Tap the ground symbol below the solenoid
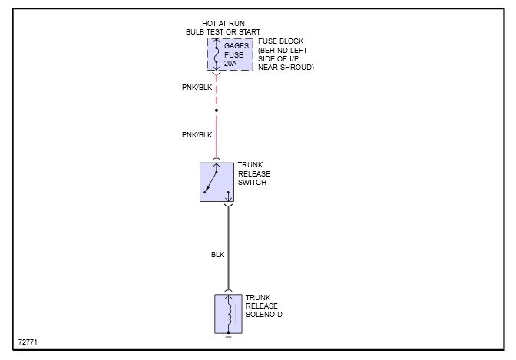coord(227,335)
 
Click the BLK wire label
coord(218,254)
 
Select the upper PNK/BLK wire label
coord(197,87)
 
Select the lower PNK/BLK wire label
coord(197,134)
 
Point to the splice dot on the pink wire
coord(217,111)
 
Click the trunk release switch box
coord(217,182)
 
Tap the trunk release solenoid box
coord(227,312)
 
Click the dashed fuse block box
coord(230,54)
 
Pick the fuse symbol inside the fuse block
coord(217,54)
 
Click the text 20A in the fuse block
coord(230,64)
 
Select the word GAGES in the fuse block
coord(237,46)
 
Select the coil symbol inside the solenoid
coord(228,312)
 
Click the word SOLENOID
coord(263,315)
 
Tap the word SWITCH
coord(253,183)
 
